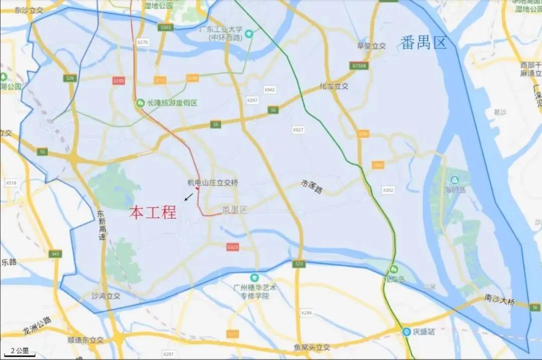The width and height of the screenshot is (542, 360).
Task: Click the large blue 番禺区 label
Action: tap(424, 43)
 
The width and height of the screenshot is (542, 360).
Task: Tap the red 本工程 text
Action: tap(153, 213)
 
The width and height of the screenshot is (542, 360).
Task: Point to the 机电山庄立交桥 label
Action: tap(212, 183)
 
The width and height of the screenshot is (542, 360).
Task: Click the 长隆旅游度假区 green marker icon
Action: tap(141, 103)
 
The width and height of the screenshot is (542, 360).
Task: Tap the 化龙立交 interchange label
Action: tap(334, 86)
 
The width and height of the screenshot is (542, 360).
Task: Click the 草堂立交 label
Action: tap(371, 46)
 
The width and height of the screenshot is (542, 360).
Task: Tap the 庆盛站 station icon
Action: tap(405, 331)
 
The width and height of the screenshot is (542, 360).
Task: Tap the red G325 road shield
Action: tap(232, 247)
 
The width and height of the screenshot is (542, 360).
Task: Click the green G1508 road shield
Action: tap(359, 66)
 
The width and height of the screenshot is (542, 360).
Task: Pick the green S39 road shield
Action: tap(70, 78)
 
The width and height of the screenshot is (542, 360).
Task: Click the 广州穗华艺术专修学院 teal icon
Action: tap(255, 277)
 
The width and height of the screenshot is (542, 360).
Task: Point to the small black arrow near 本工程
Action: tap(189, 197)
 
